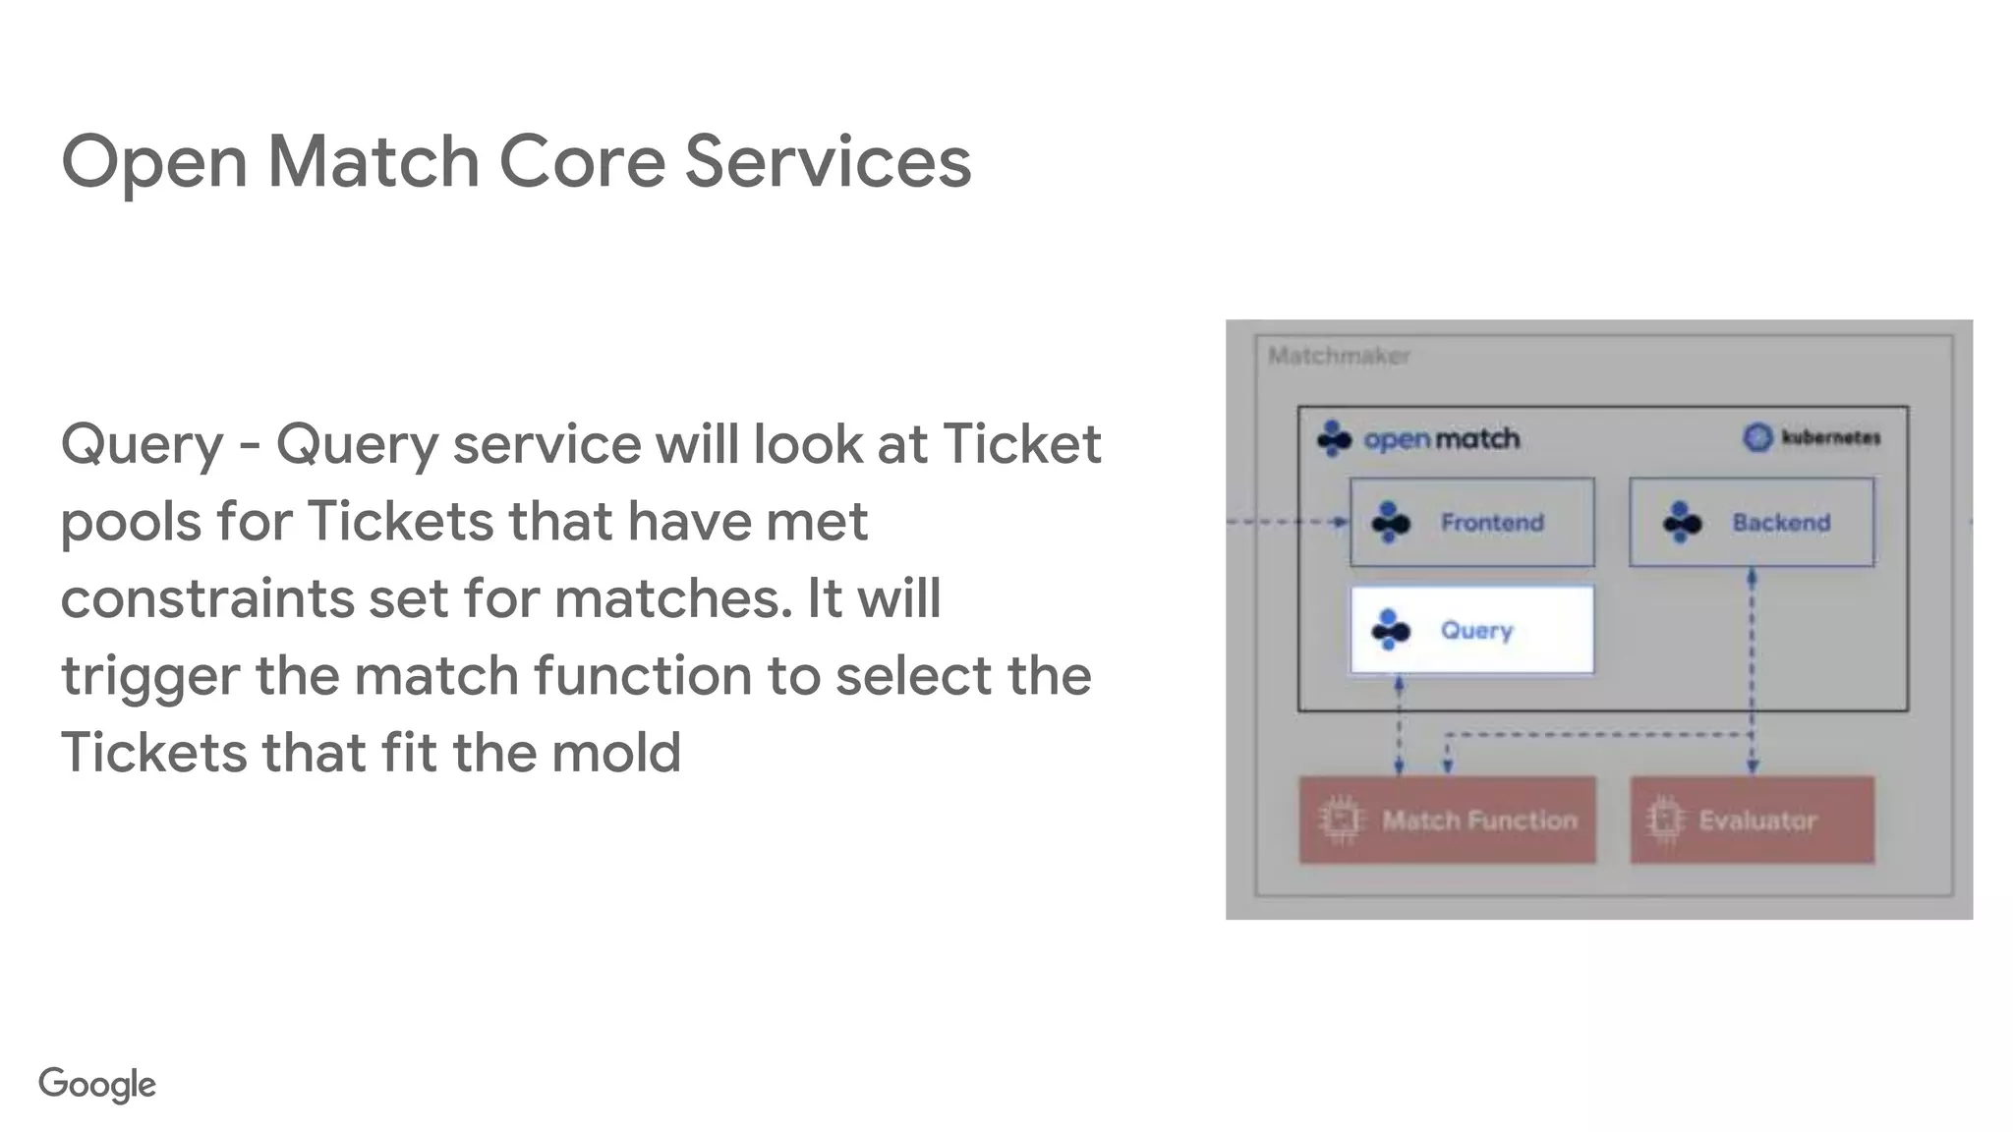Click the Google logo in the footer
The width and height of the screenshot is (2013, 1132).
coord(97,1084)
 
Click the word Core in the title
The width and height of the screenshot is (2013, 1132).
coord(582,162)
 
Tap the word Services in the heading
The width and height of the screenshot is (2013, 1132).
coord(828,162)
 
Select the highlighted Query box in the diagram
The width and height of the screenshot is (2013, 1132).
coord(1471,630)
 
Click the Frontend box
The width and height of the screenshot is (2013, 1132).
coord(1471,523)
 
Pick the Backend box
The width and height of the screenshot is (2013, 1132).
coord(1751,523)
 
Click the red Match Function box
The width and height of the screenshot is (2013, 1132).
coord(1447,821)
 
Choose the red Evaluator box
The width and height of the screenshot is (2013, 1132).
coord(1752,821)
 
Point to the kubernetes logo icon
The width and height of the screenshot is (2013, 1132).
coord(1757,437)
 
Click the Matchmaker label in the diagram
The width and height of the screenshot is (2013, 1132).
coord(1339,356)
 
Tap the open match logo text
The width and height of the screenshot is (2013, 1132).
coord(1441,439)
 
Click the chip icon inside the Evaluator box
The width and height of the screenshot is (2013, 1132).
coord(1664,820)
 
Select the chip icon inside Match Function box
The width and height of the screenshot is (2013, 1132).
coord(1341,820)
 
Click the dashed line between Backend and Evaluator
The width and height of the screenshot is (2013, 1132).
coord(1752,668)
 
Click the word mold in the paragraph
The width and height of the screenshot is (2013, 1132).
coord(615,754)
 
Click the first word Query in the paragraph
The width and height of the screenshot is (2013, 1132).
coord(143,445)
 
